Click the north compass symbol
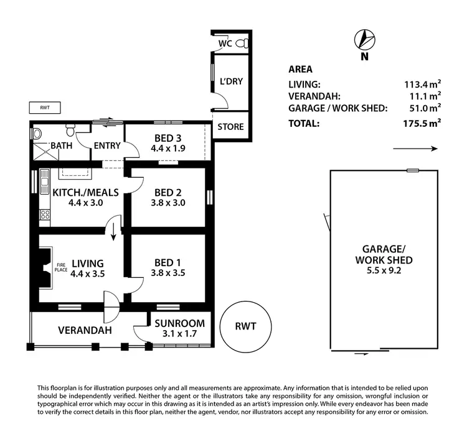coord(364,41)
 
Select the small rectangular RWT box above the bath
coord(44,108)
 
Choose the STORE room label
coord(230,127)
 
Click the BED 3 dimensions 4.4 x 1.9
coord(167,149)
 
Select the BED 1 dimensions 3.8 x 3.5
coord(167,272)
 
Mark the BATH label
coord(61,146)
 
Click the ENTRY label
coord(106,146)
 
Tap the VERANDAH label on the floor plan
coord(86,330)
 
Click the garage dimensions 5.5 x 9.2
coord(383,271)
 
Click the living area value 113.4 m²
coord(422,84)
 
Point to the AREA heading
coord(300,70)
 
